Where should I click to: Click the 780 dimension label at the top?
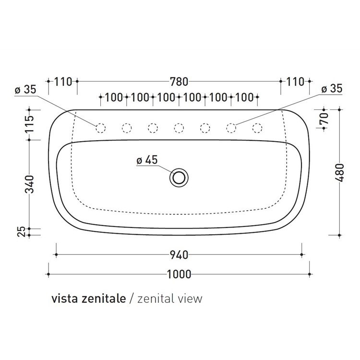coord(179,82)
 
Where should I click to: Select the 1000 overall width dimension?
coord(179,274)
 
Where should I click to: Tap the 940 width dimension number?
coord(179,254)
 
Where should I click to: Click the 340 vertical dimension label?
coord(30,184)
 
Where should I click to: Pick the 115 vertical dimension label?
coord(30,124)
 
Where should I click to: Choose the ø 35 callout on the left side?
coord(25,90)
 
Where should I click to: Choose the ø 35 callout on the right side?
coord(331,89)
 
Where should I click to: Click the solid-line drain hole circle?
coord(179,178)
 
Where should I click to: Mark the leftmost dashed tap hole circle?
coord(100,128)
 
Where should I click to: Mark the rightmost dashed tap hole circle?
coord(257,128)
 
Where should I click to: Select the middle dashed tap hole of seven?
coord(179,128)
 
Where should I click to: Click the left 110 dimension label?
coord(63,82)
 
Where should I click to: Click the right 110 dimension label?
coord(295,82)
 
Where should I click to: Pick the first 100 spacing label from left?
coord(113,97)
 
